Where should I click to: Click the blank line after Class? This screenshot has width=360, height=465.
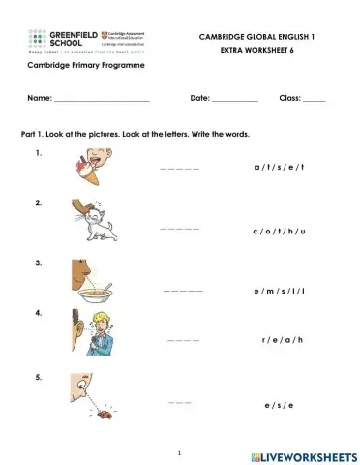[x=314, y=100]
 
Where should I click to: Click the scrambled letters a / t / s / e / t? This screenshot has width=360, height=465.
[x=279, y=167]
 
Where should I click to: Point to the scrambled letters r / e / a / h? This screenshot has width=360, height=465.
[x=283, y=340]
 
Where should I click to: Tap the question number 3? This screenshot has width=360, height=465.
[x=38, y=263]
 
